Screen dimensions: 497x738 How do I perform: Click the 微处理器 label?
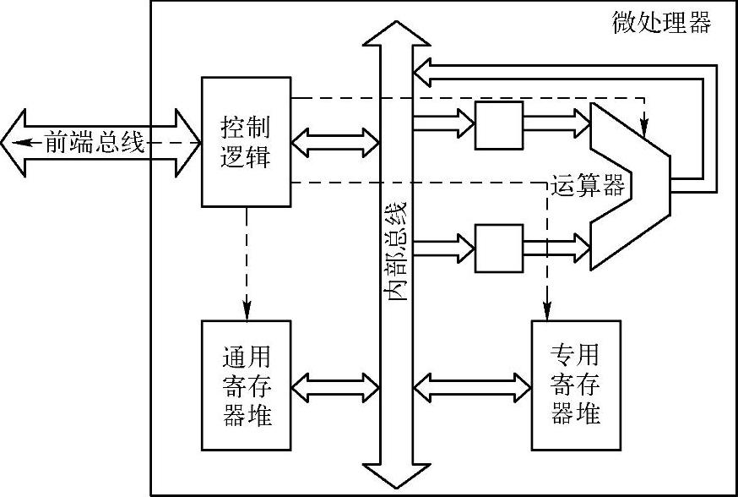661,23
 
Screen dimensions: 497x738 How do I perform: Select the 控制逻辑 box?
246,141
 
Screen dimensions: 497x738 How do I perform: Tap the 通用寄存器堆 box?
246,385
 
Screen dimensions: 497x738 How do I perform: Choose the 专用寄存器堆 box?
575,385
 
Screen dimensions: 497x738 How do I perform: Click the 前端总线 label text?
94,143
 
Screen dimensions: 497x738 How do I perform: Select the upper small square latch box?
499,124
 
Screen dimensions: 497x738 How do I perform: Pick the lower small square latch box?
499,248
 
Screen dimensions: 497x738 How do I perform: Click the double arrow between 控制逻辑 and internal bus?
334,142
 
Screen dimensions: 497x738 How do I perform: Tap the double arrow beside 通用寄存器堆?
334,387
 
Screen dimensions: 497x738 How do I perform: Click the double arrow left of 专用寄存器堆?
471,387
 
